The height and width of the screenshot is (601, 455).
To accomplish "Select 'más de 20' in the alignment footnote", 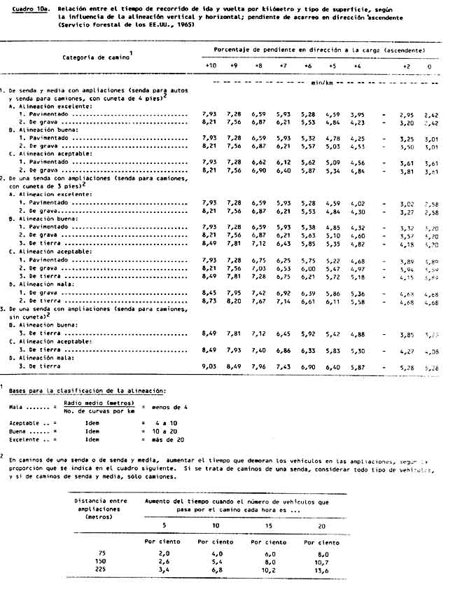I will click(x=171, y=440).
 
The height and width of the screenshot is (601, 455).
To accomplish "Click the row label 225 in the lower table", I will click(x=102, y=570).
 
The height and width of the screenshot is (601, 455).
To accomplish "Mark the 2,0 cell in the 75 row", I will click(x=162, y=553).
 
